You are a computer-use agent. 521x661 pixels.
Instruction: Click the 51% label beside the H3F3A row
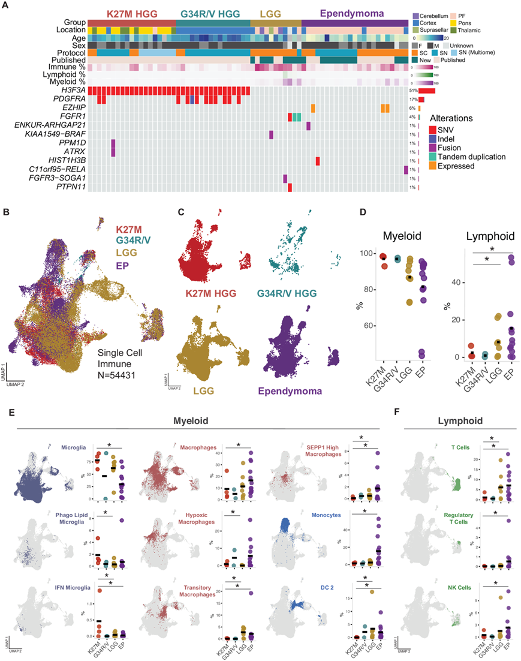[x=413, y=90]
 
